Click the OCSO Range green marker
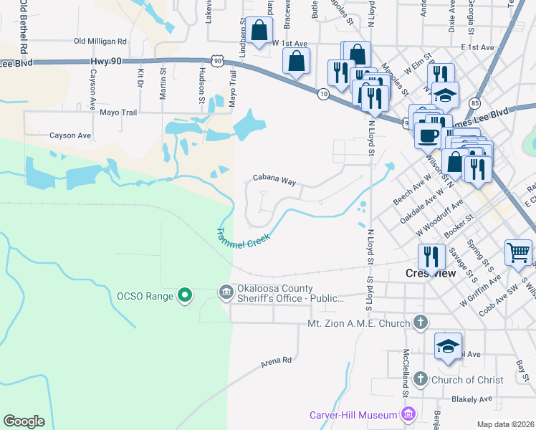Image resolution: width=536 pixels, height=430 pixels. click(185, 295)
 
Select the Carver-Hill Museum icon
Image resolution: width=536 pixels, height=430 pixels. click(409, 414)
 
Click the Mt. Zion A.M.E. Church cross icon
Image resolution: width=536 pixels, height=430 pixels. click(421, 323)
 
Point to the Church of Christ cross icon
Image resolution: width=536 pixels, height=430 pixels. click(421, 378)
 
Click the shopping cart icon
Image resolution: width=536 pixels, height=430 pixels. click(518, 252)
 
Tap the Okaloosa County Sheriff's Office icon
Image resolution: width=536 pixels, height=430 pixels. click(225, 292)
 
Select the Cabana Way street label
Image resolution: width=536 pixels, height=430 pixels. click(274, 181)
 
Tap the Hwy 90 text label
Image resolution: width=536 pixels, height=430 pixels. click(104, 62)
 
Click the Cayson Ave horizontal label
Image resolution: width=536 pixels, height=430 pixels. click(70, 135)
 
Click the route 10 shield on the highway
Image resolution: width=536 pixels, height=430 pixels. click(324, 94)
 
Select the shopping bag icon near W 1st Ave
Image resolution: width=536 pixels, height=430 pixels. click(259, 31)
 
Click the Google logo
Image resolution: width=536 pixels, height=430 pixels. click(24, 421)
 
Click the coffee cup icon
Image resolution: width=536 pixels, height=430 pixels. click(429, 134)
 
